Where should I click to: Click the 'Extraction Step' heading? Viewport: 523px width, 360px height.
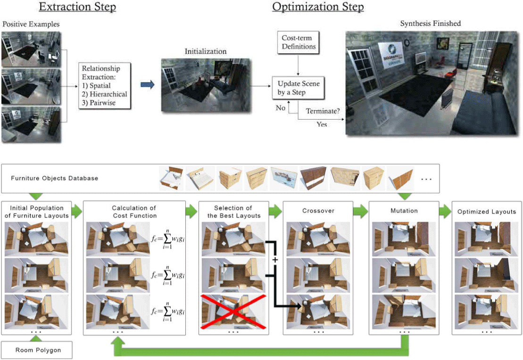77,8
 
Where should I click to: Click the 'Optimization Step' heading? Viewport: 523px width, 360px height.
318,8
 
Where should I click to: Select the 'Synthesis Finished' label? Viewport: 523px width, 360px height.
430,23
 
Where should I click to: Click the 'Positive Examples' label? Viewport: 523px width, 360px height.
31,24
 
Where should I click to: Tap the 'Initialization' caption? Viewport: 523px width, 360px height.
205,51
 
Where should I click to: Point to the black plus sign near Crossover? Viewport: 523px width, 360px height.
275,260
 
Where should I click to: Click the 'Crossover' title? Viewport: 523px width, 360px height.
318,211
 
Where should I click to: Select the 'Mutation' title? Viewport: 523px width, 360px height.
404,211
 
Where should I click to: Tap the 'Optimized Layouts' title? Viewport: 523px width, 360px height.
487,212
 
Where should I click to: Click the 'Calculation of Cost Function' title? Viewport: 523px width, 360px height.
134,211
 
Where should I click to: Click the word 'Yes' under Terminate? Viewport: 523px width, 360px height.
322,124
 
